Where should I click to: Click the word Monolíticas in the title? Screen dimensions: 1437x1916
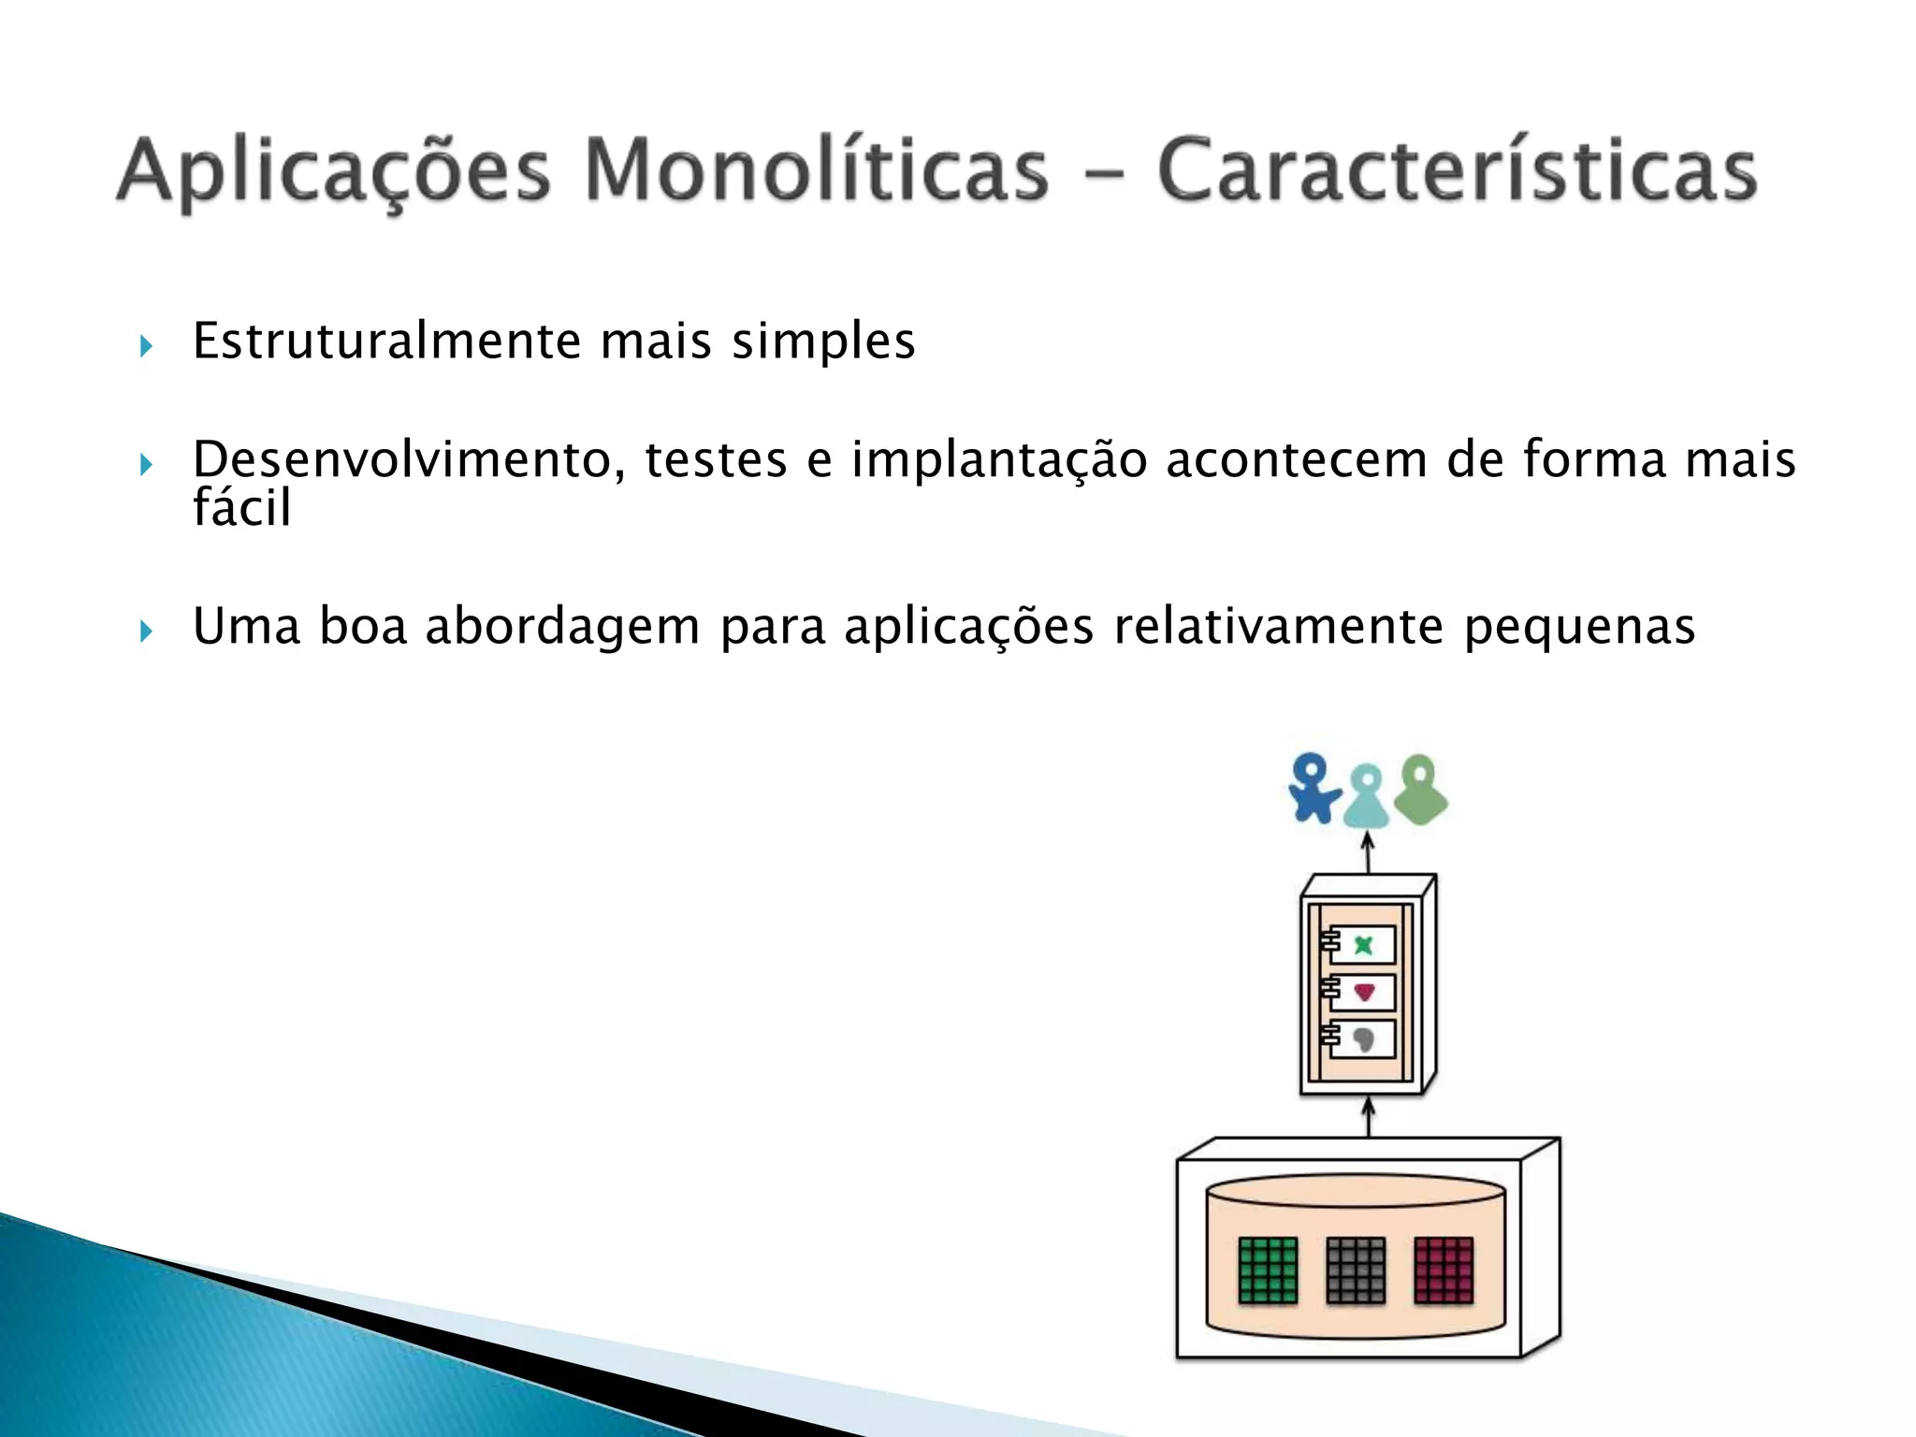[x=816, y=171]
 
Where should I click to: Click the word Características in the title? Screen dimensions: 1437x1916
[x=1457, y=171]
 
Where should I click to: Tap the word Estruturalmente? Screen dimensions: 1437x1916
[x=386, y=341]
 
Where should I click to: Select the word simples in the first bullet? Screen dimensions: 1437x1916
[x=822, y=341]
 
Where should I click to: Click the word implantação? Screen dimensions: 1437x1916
[x=998, y=461]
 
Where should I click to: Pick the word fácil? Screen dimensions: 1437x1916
[x=241, y=508]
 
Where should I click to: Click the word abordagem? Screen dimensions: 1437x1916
[x=562, y=626]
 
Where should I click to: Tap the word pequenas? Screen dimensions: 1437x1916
[x=1579, y=628]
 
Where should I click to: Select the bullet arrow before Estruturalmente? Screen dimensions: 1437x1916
[x=146, y=347]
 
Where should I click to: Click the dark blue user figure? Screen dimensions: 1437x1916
[x=1313, y=789]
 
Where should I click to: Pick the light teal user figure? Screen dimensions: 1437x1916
[x=1367, y=796]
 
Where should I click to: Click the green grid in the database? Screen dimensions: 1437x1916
[x=1268, y=1270]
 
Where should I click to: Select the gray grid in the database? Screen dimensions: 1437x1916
[x=1356, y=1270]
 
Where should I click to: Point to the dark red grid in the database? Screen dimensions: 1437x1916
[x=1444, y=1270]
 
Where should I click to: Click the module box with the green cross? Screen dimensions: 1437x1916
[x=1362, y=945]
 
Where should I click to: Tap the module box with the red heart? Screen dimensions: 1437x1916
[x=1362, y=992]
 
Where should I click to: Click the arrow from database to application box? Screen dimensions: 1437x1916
[x=1368, y=1118]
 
